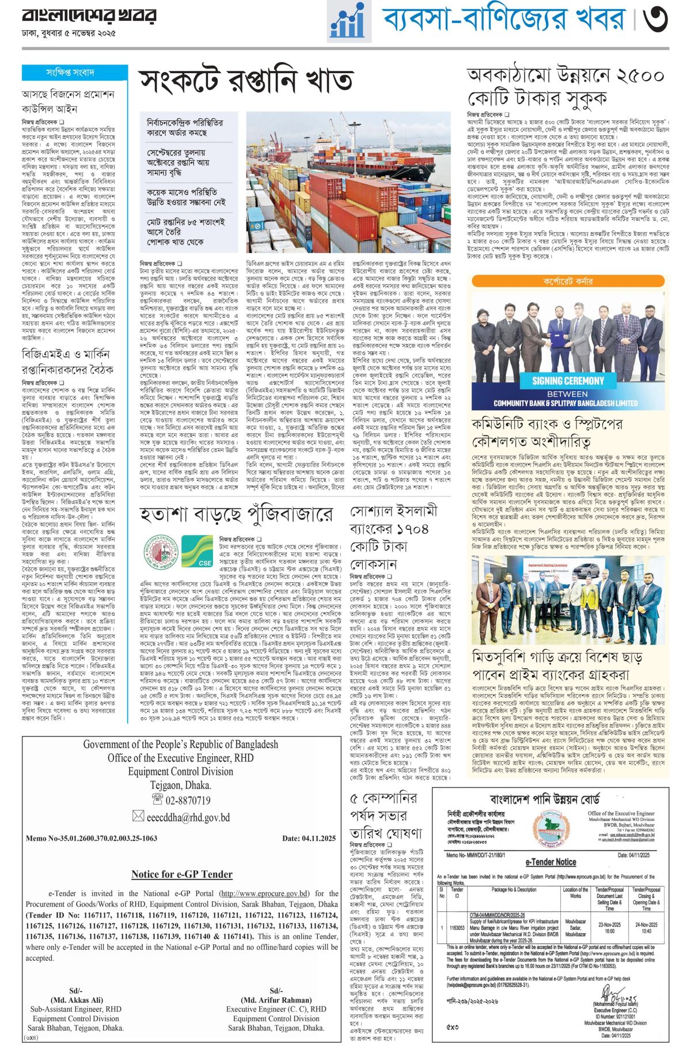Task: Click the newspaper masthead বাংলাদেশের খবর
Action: coord(89,17)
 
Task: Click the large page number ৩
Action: coord(656,21)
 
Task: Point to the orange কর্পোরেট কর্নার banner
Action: coord(567,282)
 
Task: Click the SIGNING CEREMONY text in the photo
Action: coord(568,380)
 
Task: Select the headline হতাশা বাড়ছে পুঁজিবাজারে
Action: coord(236,514)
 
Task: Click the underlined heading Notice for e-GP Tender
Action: coord(181,874)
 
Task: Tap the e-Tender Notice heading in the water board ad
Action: coord(550,862)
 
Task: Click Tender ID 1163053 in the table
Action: coord(457,928)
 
